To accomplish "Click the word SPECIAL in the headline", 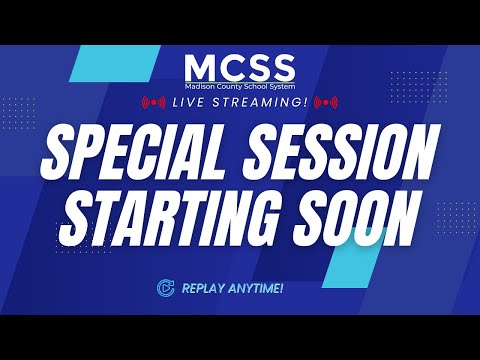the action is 133,151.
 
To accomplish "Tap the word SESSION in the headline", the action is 339,151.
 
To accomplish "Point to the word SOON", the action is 357,218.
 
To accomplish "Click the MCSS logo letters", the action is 240,68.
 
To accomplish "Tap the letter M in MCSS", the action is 201,68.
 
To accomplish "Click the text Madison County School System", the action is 240,86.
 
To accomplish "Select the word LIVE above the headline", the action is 188,102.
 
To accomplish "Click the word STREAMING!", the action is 260,102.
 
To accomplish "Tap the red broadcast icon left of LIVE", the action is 154,102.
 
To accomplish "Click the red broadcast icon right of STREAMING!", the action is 326,102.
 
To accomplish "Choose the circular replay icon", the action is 166,288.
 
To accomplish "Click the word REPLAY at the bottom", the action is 202,288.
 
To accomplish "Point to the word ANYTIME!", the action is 255,288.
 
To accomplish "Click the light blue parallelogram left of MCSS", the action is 115,63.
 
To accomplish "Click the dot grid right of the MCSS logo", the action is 419,87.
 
